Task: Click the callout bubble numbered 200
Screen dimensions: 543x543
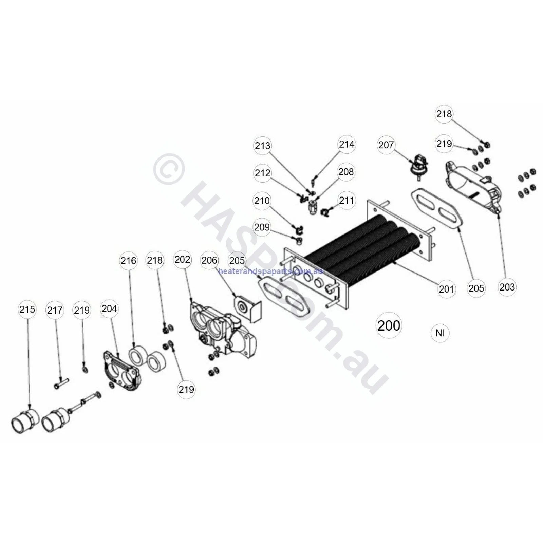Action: click(x=389, y=325)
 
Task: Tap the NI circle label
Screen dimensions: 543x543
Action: click(x=440, y=333)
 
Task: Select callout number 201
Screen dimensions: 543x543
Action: click(x=446, y=289)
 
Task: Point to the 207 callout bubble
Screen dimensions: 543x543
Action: click(x=386, y=145)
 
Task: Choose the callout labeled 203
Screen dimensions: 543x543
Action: click(x=507, y=287)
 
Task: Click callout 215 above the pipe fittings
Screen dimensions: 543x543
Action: click(x=27, y=309)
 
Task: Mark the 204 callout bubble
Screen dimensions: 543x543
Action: click(x=109, y=308)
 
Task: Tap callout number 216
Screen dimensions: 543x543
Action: click(x=128, y=261)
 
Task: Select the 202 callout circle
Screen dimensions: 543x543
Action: click(x=182, y=260)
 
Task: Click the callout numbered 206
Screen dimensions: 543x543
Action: click(x=209, y=260)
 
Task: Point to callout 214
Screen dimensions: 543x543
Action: click(x=347, y=144)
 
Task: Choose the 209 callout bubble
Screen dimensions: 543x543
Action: click(x=262, y=227)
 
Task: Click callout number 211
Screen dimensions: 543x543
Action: click(x=347, y=200)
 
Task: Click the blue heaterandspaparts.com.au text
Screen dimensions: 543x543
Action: click(x=270, y=271)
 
